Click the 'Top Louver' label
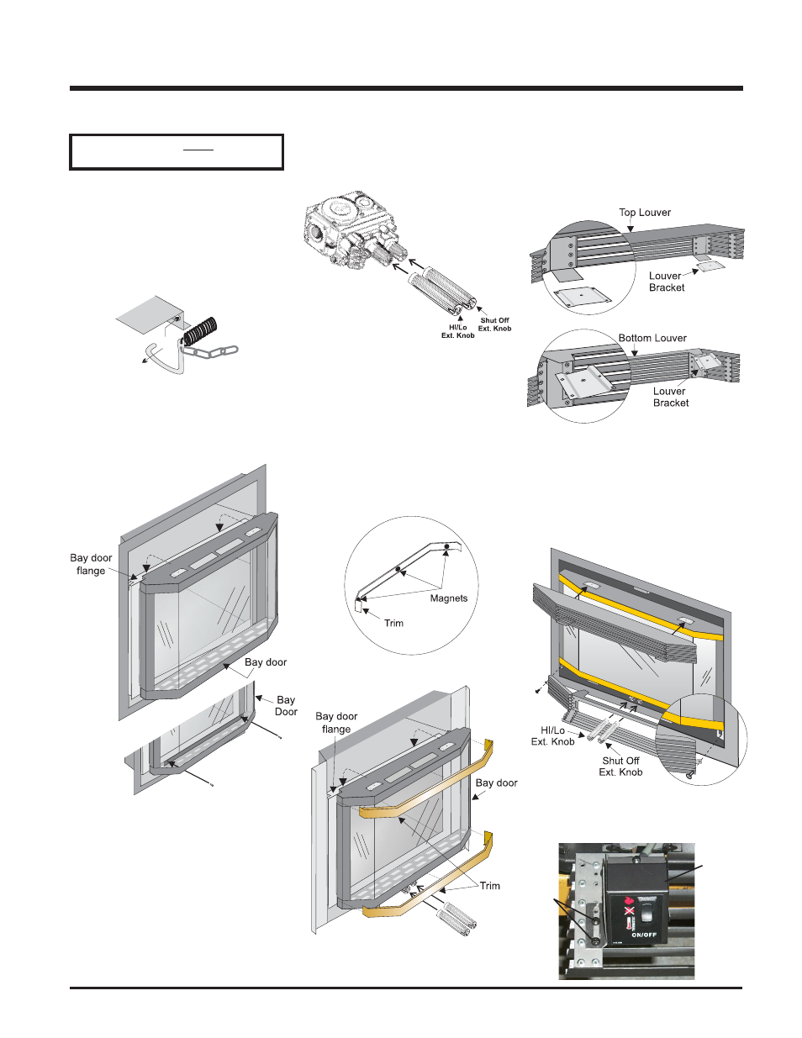click(645, 213)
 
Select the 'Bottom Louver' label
click(652, 338)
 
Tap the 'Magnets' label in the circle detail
click(448, 598)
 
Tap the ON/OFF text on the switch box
click(644, 935)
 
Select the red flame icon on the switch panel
click(629, 899)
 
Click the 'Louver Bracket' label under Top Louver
click(667, 282)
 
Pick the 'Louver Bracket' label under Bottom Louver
click(670, 397)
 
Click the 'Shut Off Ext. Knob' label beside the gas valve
click(494, 324)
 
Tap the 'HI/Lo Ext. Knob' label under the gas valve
click(457, 331)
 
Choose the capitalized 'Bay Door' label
click(286, 705)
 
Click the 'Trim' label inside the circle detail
click(393, 623)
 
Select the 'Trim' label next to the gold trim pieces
click(489, 886)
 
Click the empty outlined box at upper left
click(177, 152)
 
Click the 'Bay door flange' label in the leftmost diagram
click(91, 564)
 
